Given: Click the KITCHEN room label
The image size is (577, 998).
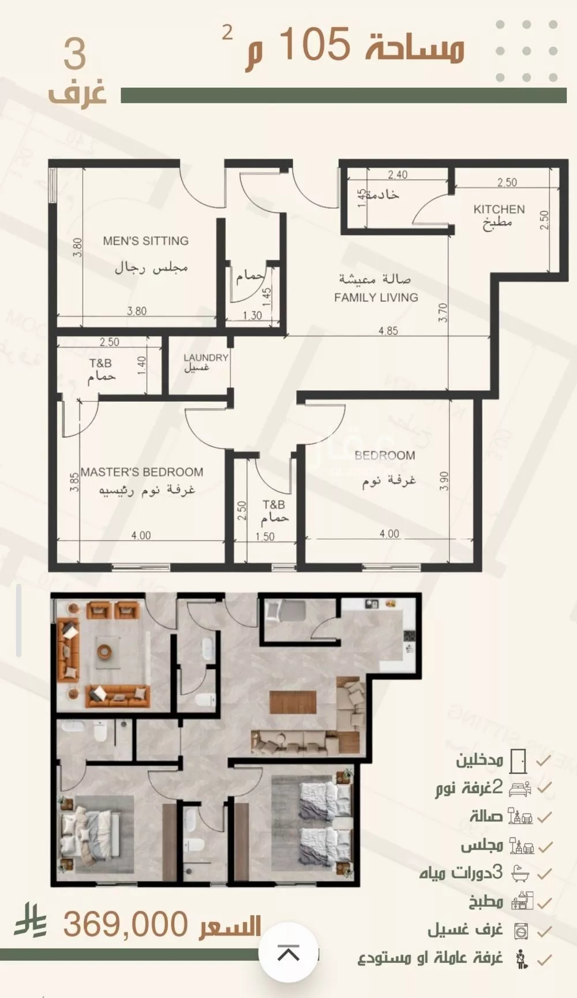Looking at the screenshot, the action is [499, 210].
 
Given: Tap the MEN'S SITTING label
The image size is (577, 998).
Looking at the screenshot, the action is [146, 241].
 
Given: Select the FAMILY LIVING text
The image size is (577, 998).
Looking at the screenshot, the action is [376, 297].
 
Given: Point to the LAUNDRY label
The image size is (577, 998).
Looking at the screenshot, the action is [206, 358].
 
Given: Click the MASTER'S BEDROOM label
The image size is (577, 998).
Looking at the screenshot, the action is [142, 472].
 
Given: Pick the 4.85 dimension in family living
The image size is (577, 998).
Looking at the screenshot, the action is [388, 331].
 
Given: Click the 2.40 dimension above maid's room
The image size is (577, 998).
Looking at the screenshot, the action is [398, 174].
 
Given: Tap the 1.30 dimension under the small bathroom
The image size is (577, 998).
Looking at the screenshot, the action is [252, 316].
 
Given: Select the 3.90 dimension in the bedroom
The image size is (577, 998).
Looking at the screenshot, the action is [444, 481].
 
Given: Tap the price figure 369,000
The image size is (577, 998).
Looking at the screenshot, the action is [125, 924].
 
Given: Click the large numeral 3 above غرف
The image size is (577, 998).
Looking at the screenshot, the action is [74, 55].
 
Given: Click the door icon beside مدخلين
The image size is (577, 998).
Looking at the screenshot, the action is [519, 761].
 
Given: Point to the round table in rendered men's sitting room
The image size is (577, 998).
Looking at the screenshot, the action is [104, 651].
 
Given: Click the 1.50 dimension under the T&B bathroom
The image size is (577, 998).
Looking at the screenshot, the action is [265, 536].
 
